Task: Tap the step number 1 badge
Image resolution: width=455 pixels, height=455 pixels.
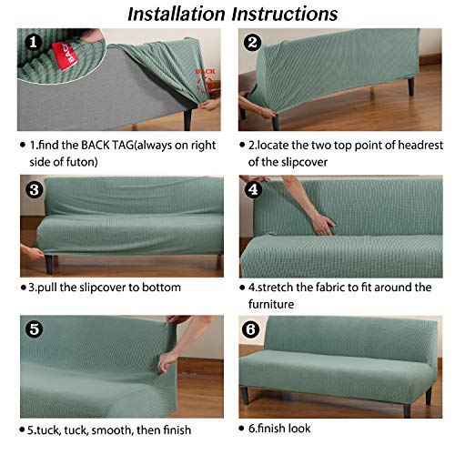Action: (x=33, y=43)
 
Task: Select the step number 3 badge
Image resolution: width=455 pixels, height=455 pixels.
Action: (x=33, y=190)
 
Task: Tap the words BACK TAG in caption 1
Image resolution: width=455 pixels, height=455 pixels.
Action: (x=121, y=144)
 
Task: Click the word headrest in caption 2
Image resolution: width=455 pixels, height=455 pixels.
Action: (x=406, y=144)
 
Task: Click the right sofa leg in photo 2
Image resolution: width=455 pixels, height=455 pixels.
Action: (x=411, y=88)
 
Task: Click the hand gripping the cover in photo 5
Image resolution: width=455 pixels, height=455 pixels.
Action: (x=167, y=359)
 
